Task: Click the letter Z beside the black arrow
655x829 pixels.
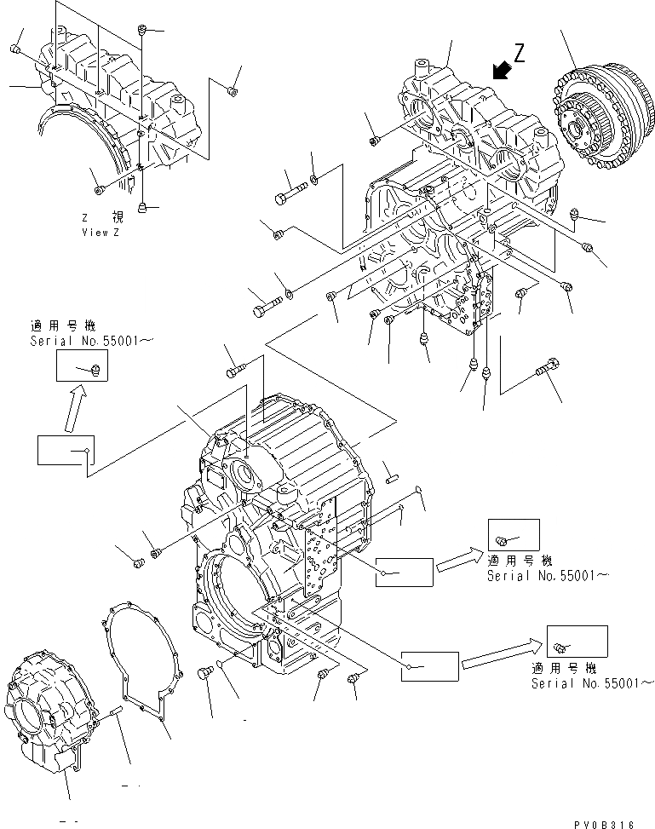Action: [519, 54]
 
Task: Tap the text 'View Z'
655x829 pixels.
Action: [101, 233]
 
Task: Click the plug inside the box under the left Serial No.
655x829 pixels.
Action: [95, 369]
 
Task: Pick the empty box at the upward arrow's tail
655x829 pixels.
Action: [65, 450]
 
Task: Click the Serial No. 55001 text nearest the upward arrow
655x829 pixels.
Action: [92, 342]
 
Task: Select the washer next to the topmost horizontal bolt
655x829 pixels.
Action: [315, 178]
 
